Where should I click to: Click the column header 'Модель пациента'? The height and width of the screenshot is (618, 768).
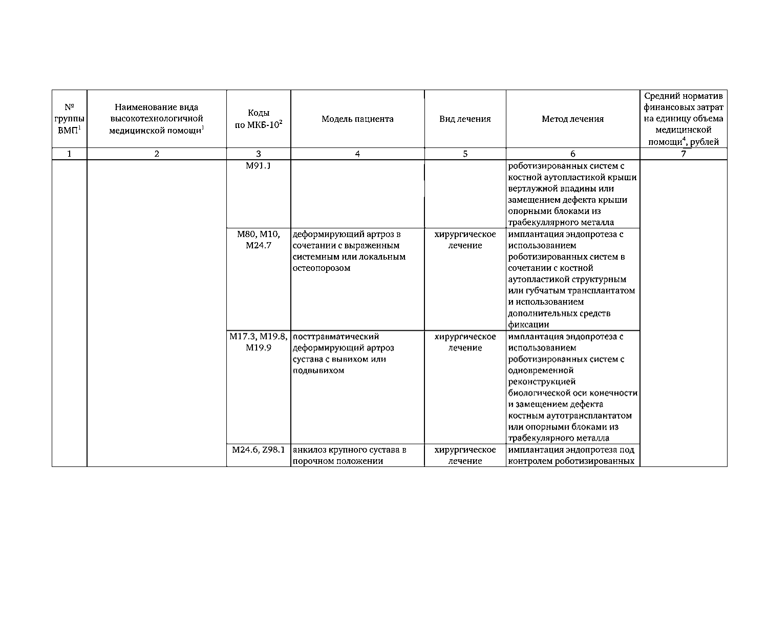(357, 119)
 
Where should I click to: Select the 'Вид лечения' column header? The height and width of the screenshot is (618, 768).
(465, 119)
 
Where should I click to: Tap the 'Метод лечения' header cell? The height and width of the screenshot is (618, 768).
(572, 119)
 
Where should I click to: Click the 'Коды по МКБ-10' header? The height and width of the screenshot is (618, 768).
(259, 119)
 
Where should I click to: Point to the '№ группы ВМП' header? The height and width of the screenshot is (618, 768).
(69, 119)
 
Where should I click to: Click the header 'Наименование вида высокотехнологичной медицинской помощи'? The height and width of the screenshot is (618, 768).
(157, 119)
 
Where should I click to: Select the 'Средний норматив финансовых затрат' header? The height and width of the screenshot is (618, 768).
(684, 119)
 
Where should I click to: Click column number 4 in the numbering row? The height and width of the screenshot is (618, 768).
(357, 154)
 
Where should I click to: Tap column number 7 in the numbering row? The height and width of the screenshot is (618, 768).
(684, 154)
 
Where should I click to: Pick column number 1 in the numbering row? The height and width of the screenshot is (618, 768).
(69, 154)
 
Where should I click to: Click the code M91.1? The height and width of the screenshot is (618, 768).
(258, 166)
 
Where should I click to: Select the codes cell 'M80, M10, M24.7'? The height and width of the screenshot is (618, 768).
(259, 240)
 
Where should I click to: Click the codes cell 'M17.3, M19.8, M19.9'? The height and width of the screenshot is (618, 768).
(259, 342)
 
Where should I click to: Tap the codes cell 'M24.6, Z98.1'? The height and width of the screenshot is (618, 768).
(259, 450)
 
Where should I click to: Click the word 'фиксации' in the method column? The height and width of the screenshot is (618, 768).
(528, 325)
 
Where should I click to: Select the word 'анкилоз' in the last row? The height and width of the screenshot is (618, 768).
(309, 450)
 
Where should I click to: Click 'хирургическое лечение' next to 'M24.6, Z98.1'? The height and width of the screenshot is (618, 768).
(465, 455)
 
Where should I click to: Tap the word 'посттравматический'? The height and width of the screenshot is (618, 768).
(336, 337)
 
